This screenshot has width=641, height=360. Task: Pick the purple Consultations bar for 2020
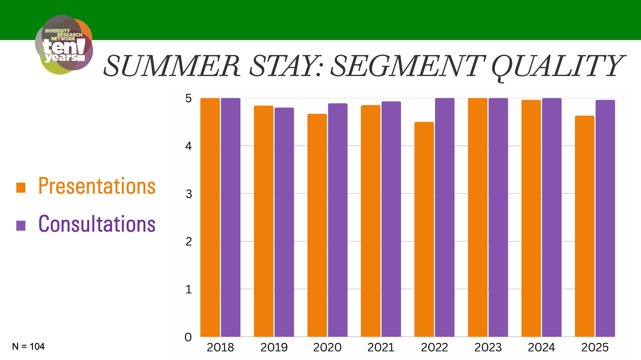pos(338,220)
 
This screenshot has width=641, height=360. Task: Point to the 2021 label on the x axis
pos(381,347)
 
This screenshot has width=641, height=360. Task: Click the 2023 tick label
pos(488,347)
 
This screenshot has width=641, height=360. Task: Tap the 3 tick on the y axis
pos(189,194)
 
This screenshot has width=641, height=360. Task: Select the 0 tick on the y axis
pos(188,337)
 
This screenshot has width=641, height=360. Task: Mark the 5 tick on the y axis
pos(189,98)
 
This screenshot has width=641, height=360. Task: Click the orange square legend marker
pos(21,188)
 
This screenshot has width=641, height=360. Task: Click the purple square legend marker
pos(21,226)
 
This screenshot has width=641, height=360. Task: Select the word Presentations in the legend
pos(97,186)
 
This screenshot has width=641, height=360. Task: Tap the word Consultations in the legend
pos(97,224)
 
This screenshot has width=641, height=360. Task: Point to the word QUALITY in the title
pos(557,66)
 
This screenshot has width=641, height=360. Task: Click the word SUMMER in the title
pos(172,66)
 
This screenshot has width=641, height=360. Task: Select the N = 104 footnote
pos(28,347)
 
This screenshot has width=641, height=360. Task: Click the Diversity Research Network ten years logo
pos(64,45)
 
